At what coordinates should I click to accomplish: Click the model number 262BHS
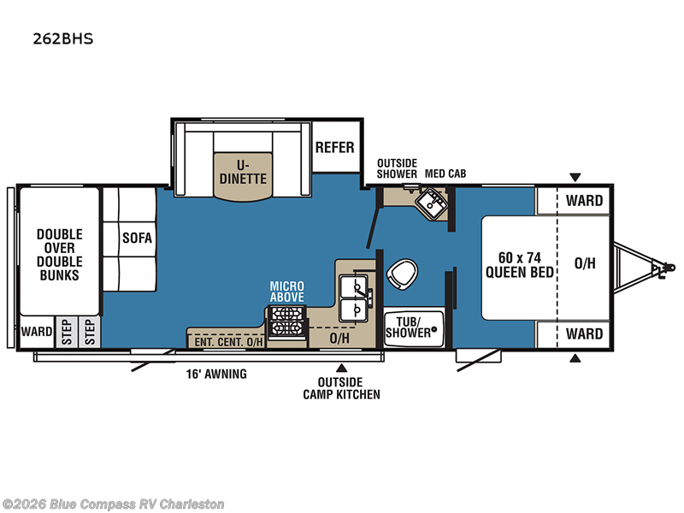point(63,38)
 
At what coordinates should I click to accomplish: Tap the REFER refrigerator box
point(336,147)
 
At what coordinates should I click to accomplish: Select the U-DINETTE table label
point(243,172)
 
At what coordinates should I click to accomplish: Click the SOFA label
point(137,238)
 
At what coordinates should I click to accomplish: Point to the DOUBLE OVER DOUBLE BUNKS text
point(59,255)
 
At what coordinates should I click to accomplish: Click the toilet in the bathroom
point(402,274)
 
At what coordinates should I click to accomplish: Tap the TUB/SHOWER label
point(409,327)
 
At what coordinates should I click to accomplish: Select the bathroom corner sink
point(432,203)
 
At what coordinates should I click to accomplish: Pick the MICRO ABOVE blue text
point(287,292)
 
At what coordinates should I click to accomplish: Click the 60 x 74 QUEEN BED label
point(520,265)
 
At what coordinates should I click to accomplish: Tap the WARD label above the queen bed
point(584,201)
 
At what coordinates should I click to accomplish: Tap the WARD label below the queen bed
point(584,334)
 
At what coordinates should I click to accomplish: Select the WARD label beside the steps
point(37,332)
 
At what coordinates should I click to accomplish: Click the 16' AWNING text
point(216,374)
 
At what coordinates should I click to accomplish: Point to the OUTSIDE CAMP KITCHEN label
point(341,388)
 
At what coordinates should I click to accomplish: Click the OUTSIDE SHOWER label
point(397,168)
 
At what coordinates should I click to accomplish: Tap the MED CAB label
point(445,174)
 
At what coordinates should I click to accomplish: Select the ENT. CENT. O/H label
point(228,342)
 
